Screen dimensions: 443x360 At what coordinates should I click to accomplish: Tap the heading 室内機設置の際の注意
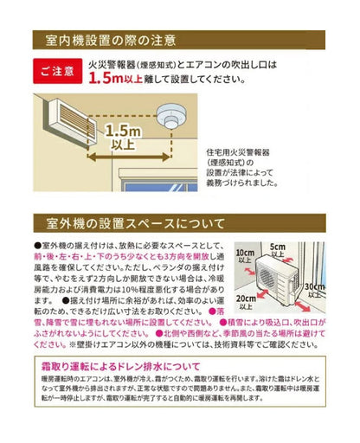click(104, 40)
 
